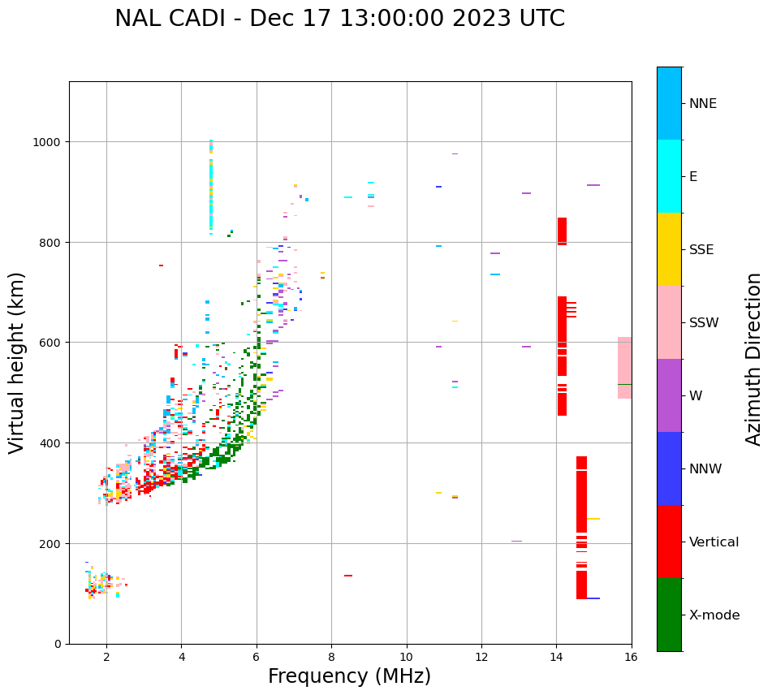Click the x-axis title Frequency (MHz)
(349, 676)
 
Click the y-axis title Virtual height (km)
(17, 362)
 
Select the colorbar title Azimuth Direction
(754, 359)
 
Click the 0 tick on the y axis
(58, 644)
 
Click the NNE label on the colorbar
(703, 103)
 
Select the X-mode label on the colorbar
(714, 615)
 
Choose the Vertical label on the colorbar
(714, 542)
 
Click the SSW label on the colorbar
(704, 322)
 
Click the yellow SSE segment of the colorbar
(669, 249)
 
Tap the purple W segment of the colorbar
(669, 395)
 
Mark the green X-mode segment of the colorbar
(669, 615)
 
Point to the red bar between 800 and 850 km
(562, 231)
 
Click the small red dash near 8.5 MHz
(348, 576)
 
